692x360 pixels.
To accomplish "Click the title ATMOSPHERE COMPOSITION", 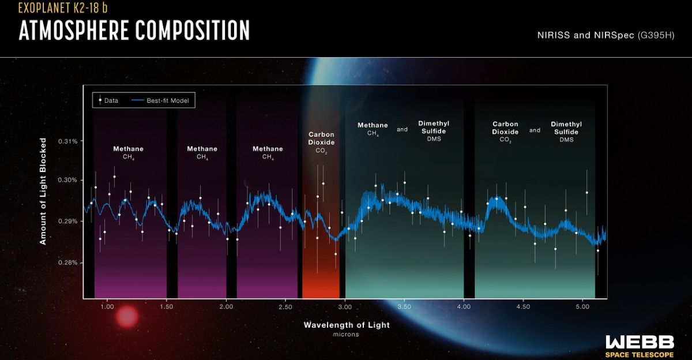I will point(134,30).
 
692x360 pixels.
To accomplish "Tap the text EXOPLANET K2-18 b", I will point(63,8).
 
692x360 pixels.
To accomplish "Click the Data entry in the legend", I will point(108,100).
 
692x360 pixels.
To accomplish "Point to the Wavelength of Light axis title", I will point(347,325).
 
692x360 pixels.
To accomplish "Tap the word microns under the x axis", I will point(347,334).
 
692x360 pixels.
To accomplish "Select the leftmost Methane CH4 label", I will point(128,152).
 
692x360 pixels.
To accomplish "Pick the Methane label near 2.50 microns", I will point(268,152).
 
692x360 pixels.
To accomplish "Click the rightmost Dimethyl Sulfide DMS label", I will point(566,132).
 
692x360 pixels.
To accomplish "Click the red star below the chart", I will point(127,317).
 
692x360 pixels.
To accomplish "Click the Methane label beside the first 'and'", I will point(373,128).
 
